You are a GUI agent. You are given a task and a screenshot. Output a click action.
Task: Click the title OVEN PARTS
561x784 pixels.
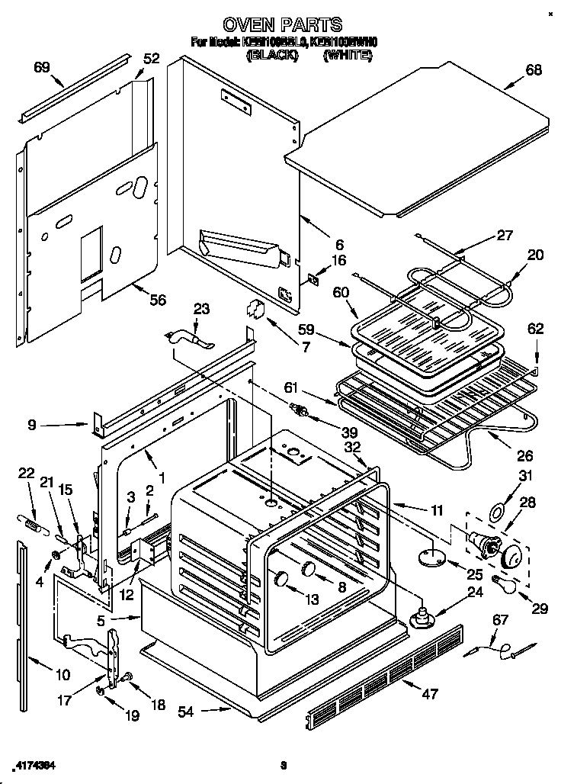[x=282, y=25]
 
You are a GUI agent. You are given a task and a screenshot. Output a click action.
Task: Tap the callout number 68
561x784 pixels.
[x=533, y=70]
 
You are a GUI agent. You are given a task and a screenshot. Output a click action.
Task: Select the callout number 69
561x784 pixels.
[x=42, y=67]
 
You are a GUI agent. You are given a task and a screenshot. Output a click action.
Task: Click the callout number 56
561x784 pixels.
[x=157, y=300]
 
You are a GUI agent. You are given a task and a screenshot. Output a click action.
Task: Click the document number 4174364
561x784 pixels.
[x=35, y=764]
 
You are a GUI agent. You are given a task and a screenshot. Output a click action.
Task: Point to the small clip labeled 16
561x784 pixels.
[x=313, y=278]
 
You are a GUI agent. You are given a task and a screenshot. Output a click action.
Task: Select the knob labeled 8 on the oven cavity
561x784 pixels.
[x=309, y=568]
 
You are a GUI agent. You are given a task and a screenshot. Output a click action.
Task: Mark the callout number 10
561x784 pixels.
[x=62, y=674]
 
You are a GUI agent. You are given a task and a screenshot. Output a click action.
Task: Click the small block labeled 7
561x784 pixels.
[x=253, y=309]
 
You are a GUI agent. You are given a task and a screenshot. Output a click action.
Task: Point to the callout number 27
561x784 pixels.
[x=505, y=236]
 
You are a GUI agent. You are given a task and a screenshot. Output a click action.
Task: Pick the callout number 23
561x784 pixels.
[x=201, y=309]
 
